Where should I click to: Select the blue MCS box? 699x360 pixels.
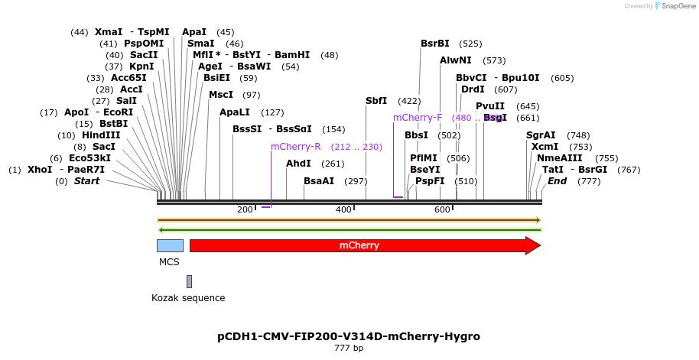coord(170,245)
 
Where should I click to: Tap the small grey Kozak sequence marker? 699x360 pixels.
coord(189,281)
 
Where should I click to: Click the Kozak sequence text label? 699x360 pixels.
coord(188,298)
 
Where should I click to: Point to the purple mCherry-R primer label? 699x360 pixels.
coord(295,147)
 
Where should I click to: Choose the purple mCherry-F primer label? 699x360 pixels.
coord(418,118)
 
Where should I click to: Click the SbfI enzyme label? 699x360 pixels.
coord(376,101)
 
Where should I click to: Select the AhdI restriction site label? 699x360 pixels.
coord(298,164)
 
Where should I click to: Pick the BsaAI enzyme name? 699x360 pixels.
coord(319,181)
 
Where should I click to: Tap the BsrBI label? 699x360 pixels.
coord(435,44)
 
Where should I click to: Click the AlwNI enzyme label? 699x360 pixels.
coord(456,60)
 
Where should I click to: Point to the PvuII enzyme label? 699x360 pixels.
coord(490,106)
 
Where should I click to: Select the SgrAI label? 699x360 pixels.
coord(541,135)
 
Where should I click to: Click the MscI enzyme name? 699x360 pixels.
coord(221,95)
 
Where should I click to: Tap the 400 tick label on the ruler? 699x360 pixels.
coord(343,209)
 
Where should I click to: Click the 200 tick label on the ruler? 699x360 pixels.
coord(245,209)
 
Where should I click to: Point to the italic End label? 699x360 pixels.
coord(557,181)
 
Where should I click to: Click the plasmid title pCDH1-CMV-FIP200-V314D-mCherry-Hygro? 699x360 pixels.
coord(349,336)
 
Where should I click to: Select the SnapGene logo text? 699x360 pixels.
coord(678,6)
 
